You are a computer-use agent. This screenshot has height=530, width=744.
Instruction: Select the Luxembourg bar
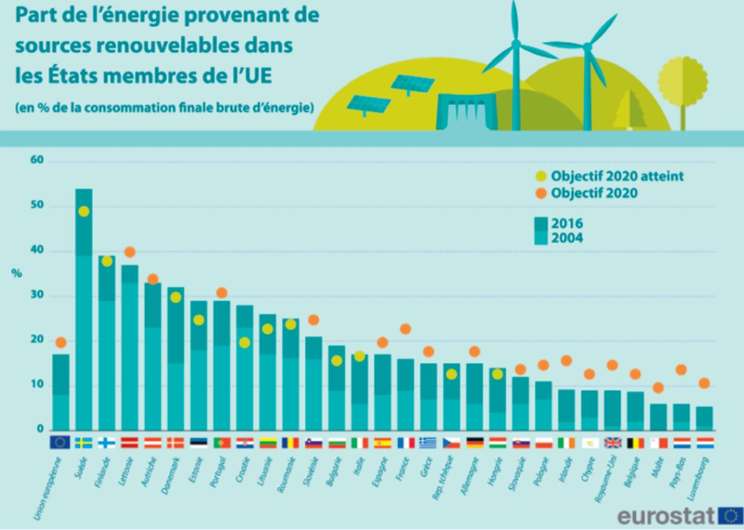click(x=705, y=418)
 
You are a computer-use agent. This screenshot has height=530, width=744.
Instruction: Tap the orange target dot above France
click(x=405, y=328)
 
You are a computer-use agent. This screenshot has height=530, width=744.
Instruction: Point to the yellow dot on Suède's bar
click(x=84, y=211)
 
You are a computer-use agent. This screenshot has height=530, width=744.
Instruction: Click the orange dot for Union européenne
click(x=60, y=342)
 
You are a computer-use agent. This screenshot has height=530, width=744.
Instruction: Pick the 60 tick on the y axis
click(x=38, y=161)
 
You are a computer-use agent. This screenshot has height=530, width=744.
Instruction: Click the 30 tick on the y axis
click(x=38, y=296)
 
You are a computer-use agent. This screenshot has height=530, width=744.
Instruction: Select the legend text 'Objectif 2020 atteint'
click(x=609, y=176)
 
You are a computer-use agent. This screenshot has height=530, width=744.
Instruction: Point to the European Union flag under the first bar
click(x=60, y=442)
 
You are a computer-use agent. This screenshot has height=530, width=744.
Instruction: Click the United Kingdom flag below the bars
click(x=612, y=443)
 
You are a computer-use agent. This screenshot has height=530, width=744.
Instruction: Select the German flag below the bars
click(x=473, y=443)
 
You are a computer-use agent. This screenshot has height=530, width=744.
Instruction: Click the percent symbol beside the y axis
click(x=16, y=273)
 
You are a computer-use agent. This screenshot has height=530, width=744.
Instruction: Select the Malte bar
click(x=658, y=417)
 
